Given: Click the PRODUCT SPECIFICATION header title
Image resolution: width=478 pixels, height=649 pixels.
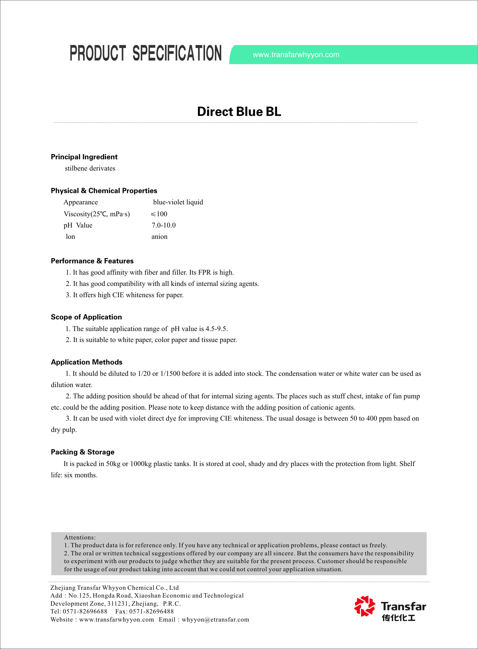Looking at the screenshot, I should point(146,53).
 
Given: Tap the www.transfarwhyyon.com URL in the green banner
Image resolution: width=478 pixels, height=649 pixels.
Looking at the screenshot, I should point(296,55).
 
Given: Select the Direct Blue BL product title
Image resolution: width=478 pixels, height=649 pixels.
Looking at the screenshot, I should point(239,112).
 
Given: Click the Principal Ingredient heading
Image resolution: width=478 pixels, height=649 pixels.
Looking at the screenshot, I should point(84,157).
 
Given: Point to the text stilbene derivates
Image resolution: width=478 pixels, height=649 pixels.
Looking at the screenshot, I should point(90,169).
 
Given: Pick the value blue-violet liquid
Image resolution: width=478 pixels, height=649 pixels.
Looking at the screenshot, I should point(178,202).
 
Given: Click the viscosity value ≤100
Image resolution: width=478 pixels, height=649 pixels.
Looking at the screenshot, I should point(159,214).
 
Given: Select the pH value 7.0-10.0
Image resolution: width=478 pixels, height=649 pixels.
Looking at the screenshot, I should point(163,225).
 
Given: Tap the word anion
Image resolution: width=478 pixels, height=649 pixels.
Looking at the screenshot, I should point(159,236).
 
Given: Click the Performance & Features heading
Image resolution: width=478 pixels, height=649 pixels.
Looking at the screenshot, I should point(92,261).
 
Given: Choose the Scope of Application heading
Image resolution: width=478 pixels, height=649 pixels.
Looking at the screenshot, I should point(86,317).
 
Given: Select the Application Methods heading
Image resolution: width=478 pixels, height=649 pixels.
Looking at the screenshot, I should point(87,362).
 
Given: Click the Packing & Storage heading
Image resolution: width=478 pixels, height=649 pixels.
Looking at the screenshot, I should point(83,452).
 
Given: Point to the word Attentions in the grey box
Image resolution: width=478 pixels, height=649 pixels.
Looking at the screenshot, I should point(79,537).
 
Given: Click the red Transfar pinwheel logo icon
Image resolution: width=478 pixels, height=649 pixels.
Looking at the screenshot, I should point(364,606).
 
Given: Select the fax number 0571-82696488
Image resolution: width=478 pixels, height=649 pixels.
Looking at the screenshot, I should point(151,611).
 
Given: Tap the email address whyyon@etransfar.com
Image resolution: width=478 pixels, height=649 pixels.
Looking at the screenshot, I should point(215,620).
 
